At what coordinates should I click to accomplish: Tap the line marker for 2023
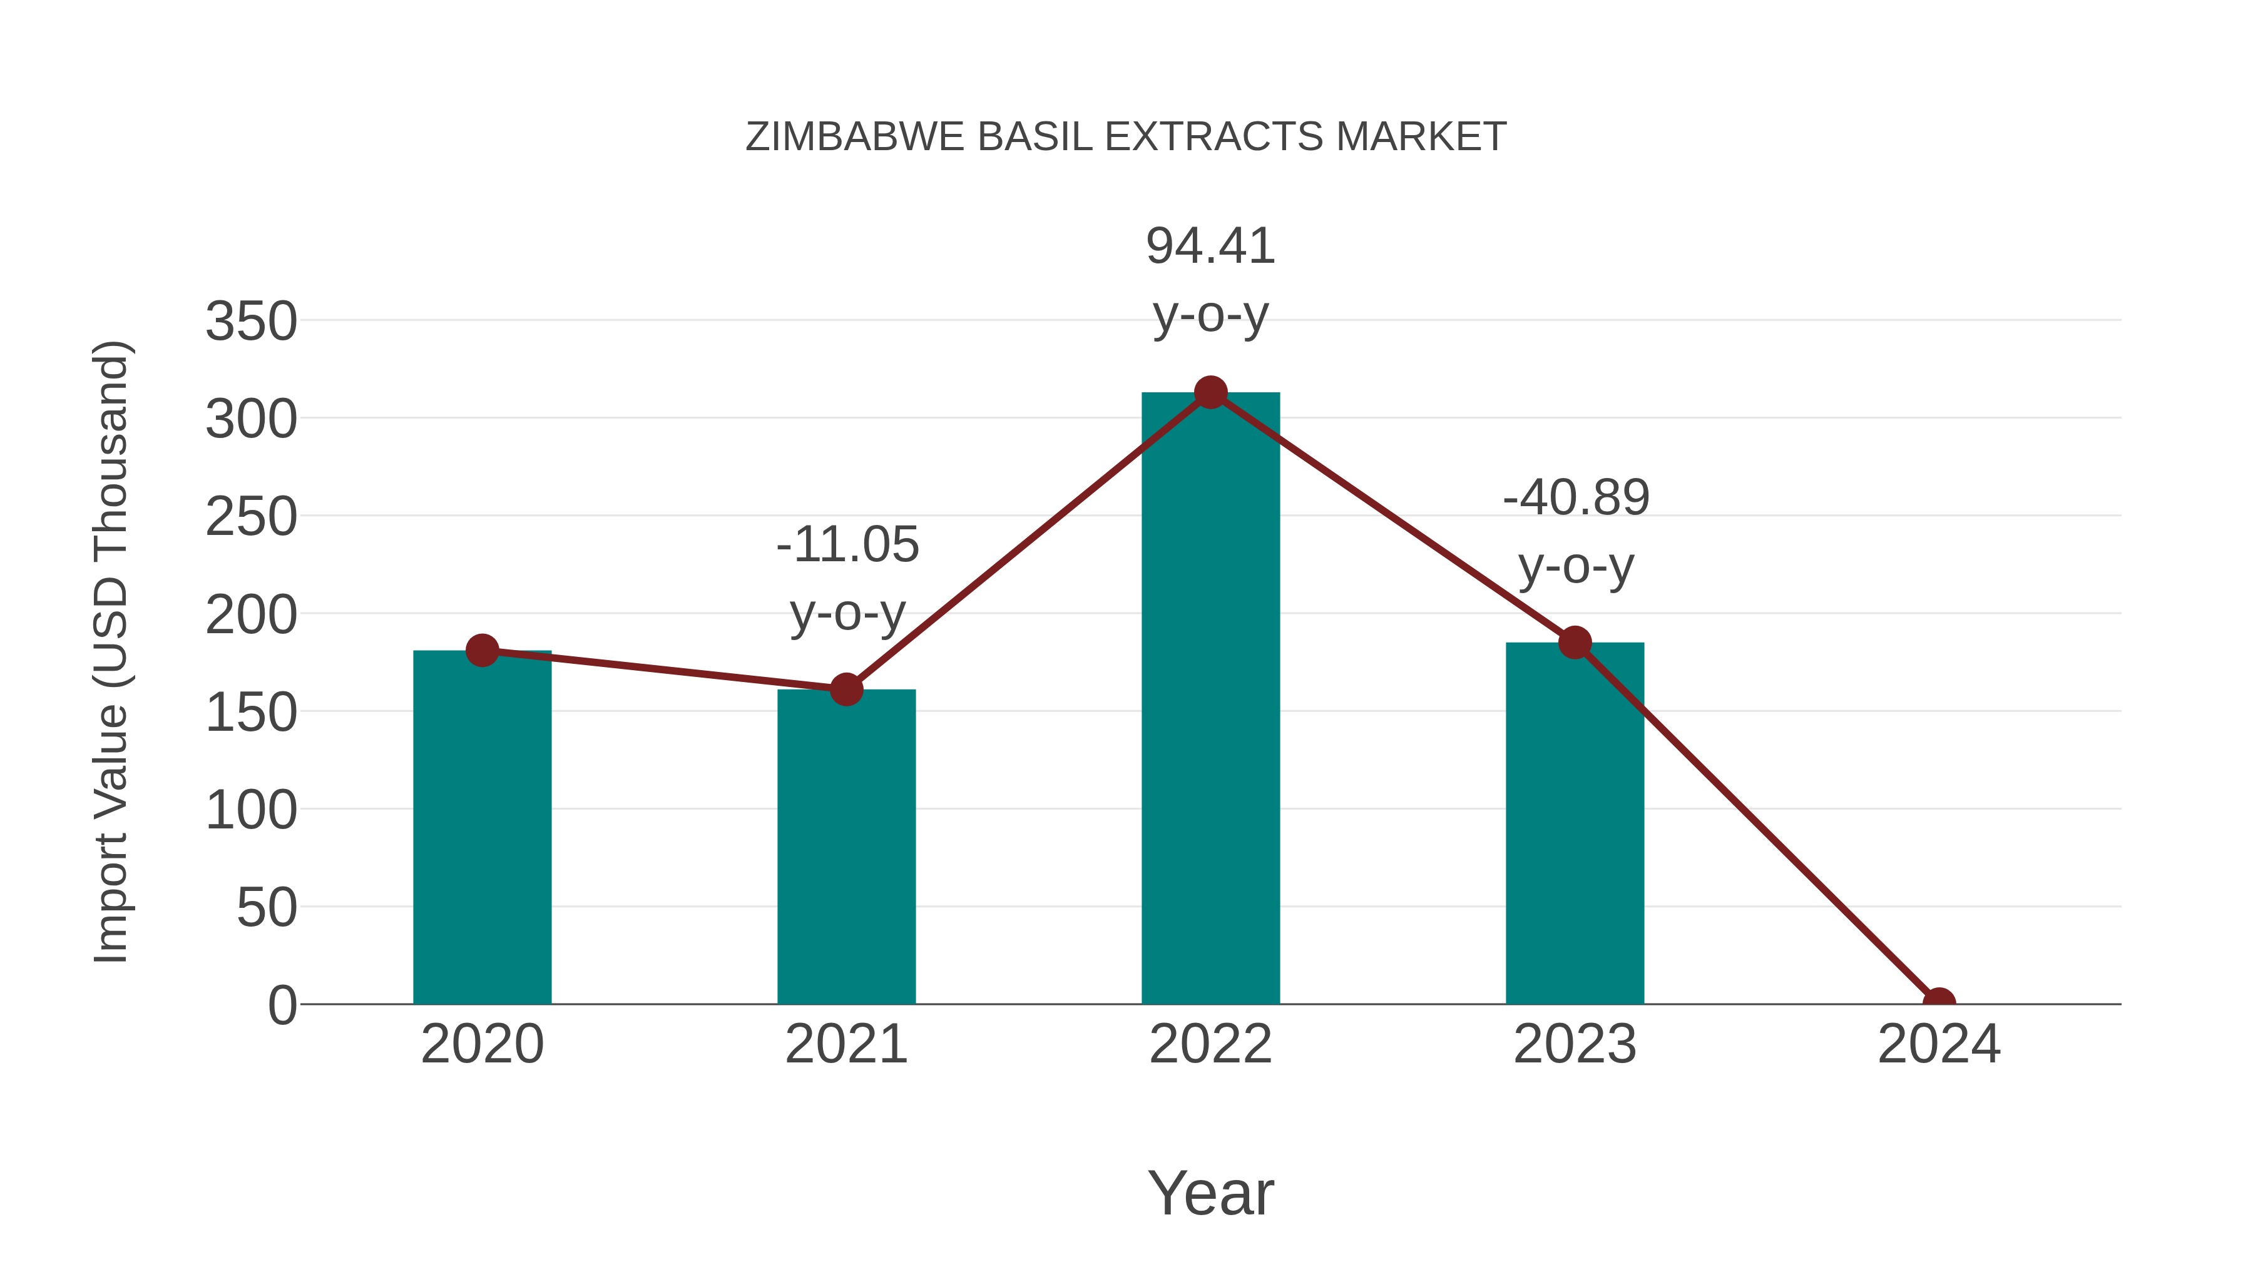(1575, 643)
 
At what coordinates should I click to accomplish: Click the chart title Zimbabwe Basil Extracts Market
(1126, 137)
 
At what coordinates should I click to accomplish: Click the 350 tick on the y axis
(251, 321)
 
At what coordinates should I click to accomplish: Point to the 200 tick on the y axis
(251, 614)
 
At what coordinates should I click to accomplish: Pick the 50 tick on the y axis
(267, 908)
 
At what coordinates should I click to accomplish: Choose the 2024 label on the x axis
(1938, 1044)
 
